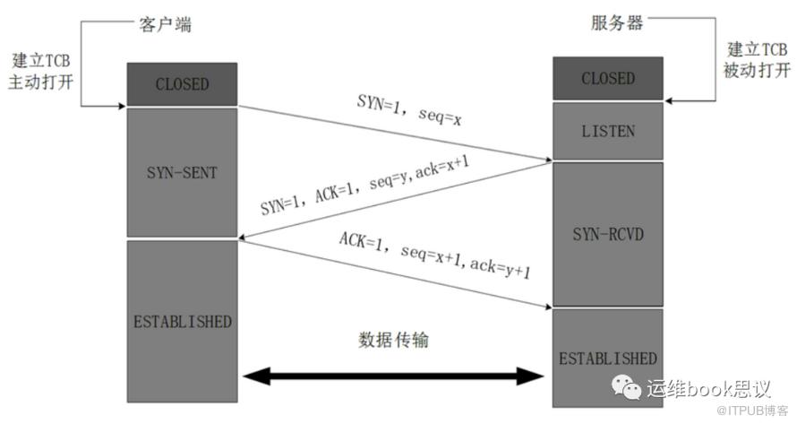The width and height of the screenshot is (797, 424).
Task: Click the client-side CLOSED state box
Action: tap(182, 84)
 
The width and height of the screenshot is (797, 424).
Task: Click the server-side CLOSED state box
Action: tap(607, 79)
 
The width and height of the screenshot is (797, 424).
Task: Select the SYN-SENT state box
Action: tap(182, 172)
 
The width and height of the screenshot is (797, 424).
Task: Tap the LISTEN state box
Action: tap(607, 131)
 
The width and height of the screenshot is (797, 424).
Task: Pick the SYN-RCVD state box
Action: tap(607, 235)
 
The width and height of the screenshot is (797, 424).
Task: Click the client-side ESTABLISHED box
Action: tap(182, 321)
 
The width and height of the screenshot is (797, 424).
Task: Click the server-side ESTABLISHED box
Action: tap(607, 358)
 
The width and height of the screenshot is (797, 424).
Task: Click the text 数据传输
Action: tap(395, 341)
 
